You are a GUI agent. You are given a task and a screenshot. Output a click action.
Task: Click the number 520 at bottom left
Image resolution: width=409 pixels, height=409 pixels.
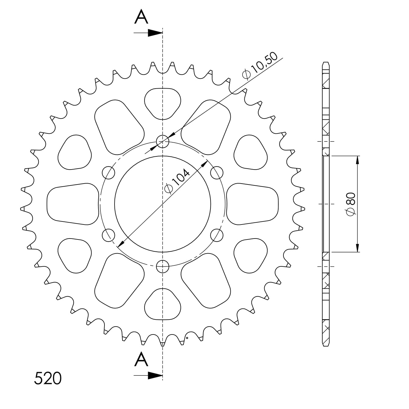(x=48, y=378)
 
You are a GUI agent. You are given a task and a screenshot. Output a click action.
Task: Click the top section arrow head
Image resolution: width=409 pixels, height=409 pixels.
(x=155, y=33)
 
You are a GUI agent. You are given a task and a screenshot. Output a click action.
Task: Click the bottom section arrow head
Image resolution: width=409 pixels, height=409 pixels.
(x=155, y=375)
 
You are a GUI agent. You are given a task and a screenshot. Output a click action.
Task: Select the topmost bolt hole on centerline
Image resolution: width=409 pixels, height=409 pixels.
(x=163, y=141)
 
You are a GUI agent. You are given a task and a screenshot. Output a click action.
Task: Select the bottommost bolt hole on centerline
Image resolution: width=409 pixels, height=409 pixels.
(x=163, y=266)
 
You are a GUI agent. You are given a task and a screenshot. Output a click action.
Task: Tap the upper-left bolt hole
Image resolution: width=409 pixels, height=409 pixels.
(x=108, y=173)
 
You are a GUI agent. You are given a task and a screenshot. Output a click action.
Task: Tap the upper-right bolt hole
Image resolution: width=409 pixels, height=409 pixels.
(x=217, y=173)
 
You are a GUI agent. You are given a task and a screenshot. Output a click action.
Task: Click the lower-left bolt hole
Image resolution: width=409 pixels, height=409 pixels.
(x=108, y=235)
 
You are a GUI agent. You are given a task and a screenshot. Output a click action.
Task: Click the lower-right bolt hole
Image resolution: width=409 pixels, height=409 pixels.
(x=217, y=235)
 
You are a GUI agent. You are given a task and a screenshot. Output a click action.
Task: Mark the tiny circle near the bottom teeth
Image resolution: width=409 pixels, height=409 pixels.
(x=187, y=338)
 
